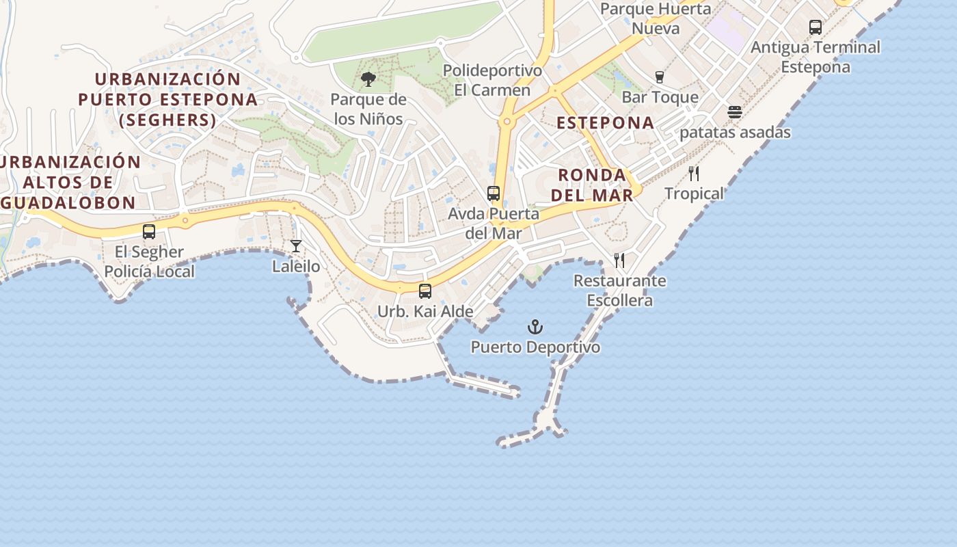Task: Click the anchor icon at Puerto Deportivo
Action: pyautogui.click(x=535, y=327)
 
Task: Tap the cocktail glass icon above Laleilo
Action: pyautogui.click(x=296, y=246)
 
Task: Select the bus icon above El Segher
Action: pyautogui.click(x=149, y=232)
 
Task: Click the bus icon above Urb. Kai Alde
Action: pyautogui.click(x=425, y=291)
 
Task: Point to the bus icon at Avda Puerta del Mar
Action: pyautogui.click(x=494, y=194)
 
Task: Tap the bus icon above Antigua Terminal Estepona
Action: pyautogui.click(x=816, y=27)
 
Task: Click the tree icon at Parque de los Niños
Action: pyautogui.click(x=368, y=79)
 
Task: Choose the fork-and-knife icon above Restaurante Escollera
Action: pyautogui.click(x=619, y=261)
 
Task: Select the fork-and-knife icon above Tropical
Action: pyautogui.click(x=694, y=174)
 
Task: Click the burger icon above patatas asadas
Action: pyautogui.click(x=735, y=112)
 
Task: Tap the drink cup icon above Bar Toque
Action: pyautogui.click(x=660, y=77)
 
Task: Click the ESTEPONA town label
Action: pyautogui.click(x=605, y=123)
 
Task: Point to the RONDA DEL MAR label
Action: pyautogui.click(x=592, y=185)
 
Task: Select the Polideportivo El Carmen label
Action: pyautogui.click(x=492, y=80)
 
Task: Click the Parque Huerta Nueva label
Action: pyautogui.click(x=656, y=18)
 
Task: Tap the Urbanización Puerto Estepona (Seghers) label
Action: pyautogui.click(x=167, y=100)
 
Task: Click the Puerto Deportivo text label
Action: pyautogui.click(x=535, y=347)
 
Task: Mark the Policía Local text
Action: pyautogui.click(x=149, y=271)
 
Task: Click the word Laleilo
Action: pyautogui.click(x=296, y=266)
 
